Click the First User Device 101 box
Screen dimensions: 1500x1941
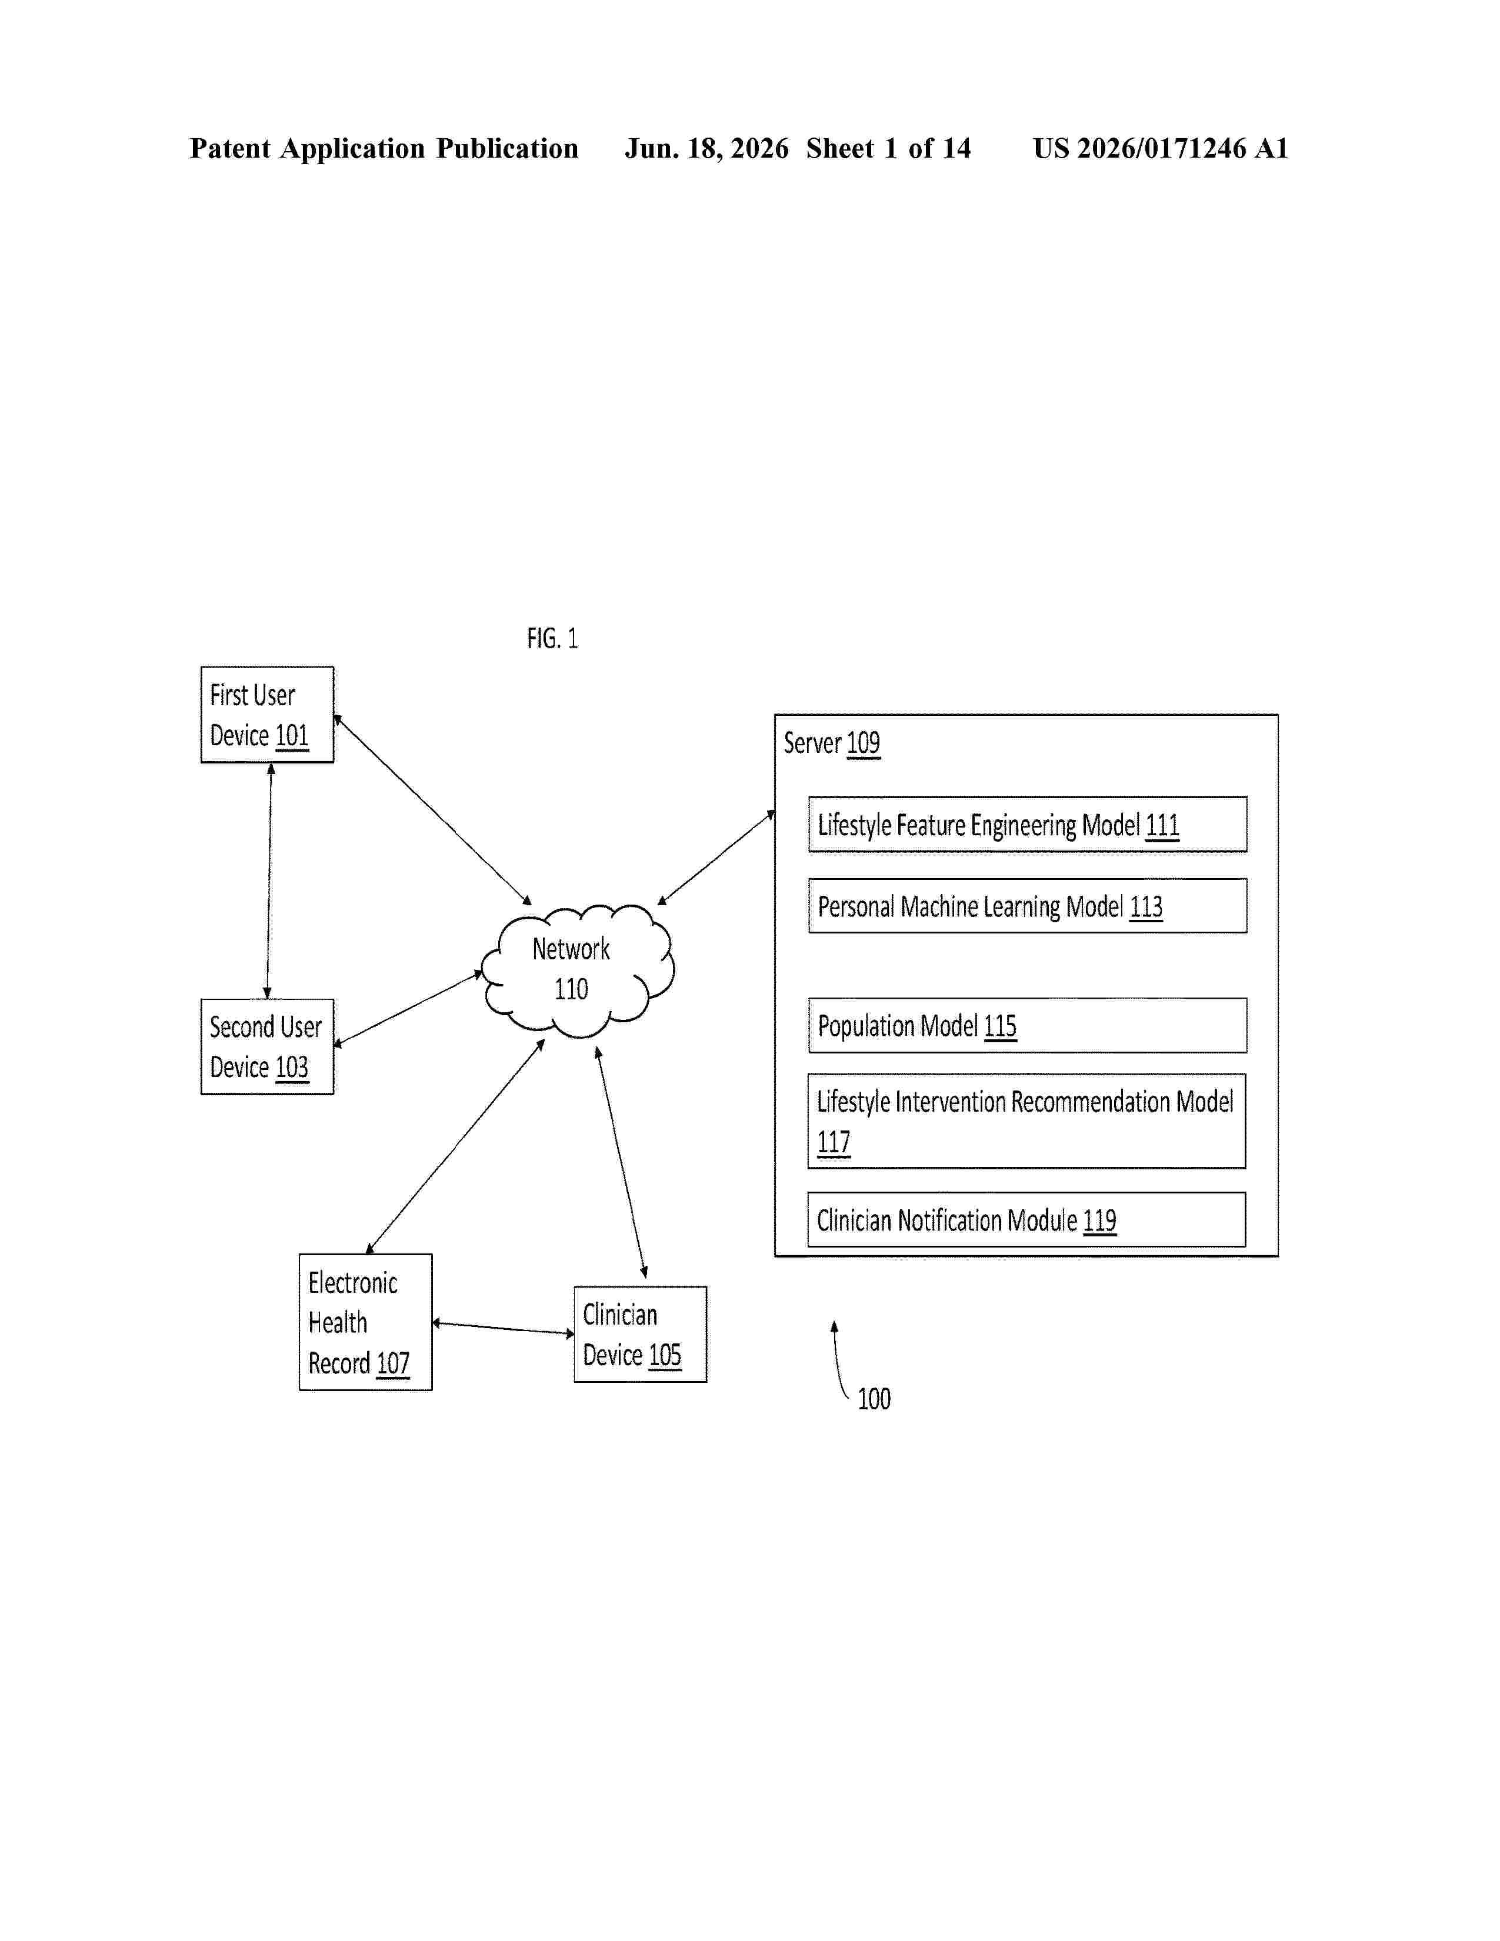(268, 715)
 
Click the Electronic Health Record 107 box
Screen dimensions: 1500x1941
(365, 1322)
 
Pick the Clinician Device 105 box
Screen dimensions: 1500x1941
(640, 1334)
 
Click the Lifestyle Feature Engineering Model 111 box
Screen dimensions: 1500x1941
(1027, 825)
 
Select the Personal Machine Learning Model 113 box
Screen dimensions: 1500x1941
(1027, 906)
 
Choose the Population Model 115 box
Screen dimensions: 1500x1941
(1027, 1026)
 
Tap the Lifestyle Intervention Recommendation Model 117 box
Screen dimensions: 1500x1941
(1026, 1120)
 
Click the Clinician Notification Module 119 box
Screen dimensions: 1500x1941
(1026, 1219)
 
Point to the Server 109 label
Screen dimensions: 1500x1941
(832, 743)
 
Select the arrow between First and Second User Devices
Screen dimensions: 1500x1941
(269, 881)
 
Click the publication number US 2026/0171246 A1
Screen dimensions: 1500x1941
(1161, 148)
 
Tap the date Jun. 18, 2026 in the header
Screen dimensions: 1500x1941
(706, 148)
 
